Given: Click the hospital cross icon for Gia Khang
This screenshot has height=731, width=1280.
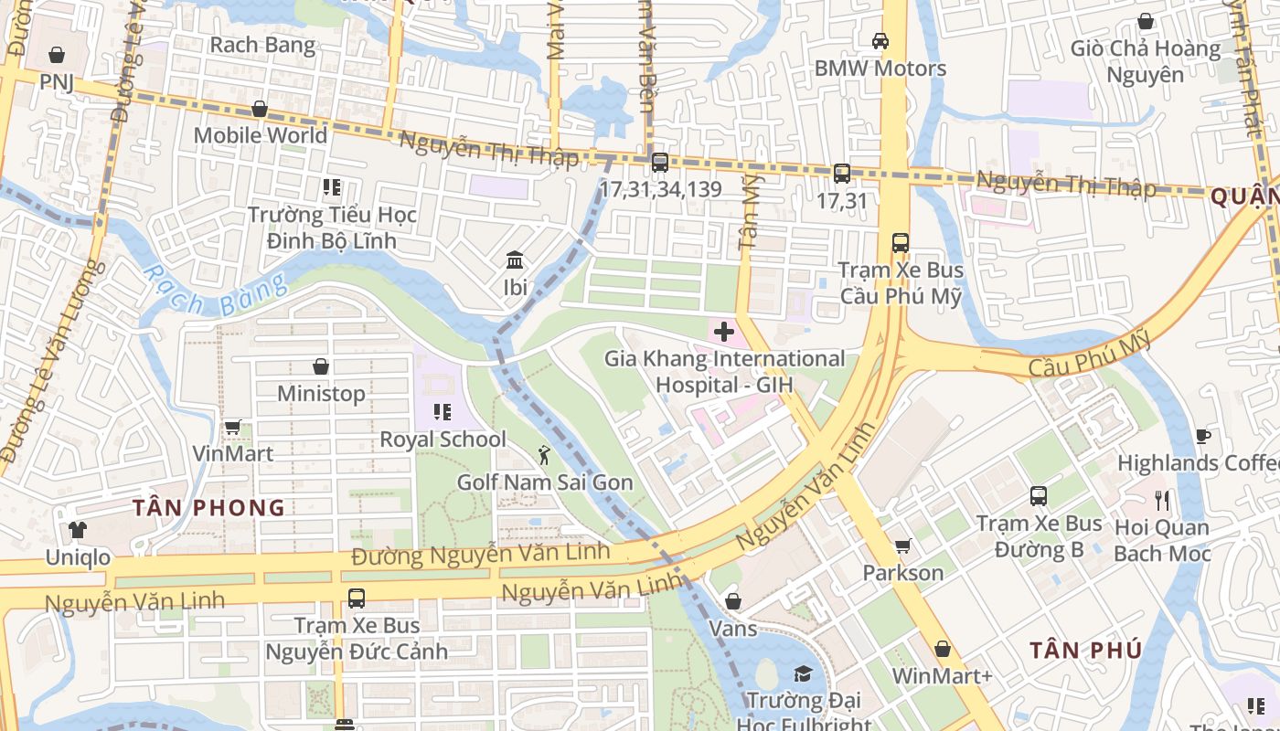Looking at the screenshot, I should click(724, 330).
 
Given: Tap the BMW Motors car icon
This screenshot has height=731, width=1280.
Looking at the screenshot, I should click(880, 41).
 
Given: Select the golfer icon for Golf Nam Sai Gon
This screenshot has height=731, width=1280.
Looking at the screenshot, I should click(545, 453).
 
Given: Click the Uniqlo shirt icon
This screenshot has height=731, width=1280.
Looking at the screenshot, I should click(78, 529).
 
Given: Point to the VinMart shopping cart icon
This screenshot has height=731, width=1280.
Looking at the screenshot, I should click(232, 427).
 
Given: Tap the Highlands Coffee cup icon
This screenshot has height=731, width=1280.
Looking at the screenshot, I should click(1203, 436).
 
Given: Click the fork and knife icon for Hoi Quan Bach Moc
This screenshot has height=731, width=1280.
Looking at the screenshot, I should click(1162, 500).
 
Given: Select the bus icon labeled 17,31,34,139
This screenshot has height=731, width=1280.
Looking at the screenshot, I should click(659, 163).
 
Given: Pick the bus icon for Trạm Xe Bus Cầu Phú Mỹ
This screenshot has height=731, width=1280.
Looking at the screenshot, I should click(901, 243).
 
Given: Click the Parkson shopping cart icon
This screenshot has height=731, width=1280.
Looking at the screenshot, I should click(903, 546).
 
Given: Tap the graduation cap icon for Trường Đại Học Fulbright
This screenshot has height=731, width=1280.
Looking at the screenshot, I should click(802, 674).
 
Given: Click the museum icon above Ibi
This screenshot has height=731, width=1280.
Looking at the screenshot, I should click(515, 261).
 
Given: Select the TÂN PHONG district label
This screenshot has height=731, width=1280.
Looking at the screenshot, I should click(208, 508).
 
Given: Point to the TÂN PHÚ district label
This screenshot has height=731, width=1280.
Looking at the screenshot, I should click(1085, 651).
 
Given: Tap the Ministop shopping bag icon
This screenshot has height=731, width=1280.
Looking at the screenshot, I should click(321, 366).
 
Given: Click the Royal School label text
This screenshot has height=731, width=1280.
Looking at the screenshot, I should click(443, 440).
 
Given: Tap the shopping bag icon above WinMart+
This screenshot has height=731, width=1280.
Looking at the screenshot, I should click(943, 649).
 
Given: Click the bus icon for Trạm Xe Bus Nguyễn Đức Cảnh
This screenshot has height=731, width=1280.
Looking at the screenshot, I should click(357, 599).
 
